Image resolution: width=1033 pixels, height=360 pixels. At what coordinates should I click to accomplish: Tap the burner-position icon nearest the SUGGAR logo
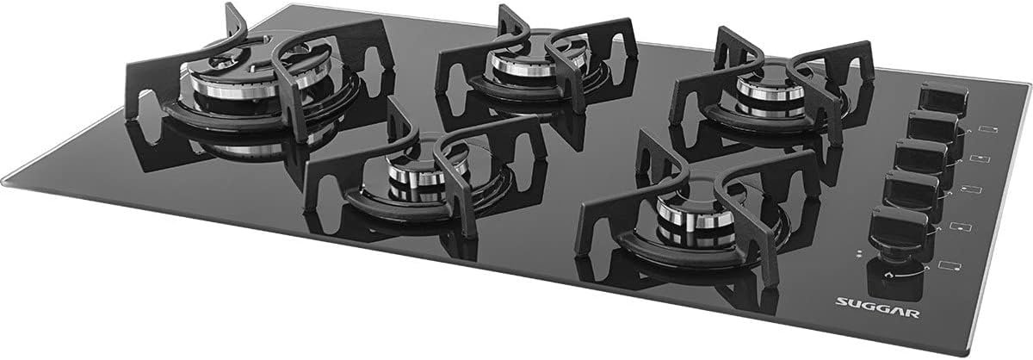[x=952, y=266]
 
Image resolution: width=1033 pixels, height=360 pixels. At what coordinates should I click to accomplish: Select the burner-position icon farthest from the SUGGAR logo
[x=988, y=129]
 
